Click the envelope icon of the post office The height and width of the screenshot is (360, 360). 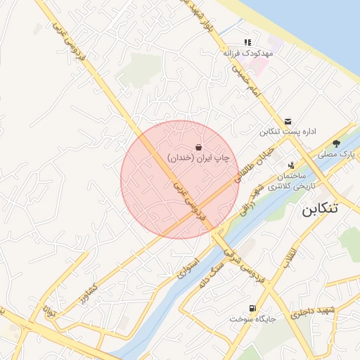pos(288,121)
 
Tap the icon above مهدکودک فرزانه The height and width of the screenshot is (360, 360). pos(247,42)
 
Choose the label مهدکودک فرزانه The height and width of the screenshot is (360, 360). pos(243,53)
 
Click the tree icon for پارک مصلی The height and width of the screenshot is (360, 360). pos(337,143)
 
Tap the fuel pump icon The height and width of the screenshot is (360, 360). pos(252,308)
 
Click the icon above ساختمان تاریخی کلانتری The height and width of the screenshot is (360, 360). pos(291,165)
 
